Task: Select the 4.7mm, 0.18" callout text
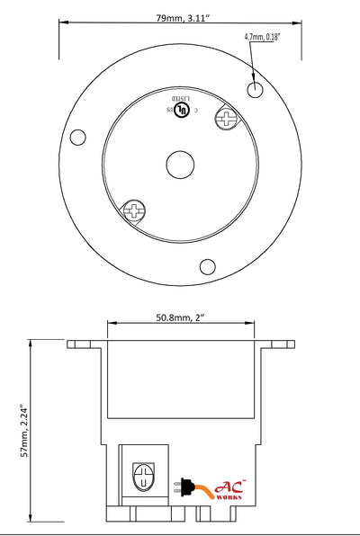262,37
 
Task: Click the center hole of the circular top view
179,165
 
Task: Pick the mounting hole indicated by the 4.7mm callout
256,89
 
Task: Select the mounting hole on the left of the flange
78,138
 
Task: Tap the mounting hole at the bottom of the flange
208,266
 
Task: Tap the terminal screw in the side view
142,474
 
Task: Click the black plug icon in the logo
186,487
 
